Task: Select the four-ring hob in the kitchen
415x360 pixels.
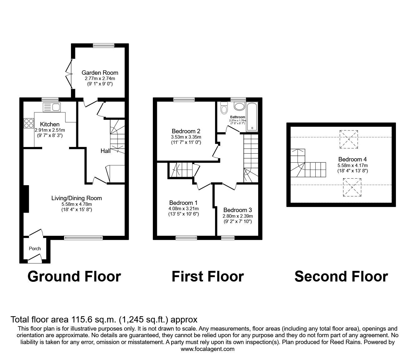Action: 29,123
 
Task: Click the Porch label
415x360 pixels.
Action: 35,249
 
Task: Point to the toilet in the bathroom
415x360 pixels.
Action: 224,108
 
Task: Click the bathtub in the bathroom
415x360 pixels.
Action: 252,116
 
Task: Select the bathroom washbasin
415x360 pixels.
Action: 240,107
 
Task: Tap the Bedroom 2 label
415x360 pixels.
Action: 186,131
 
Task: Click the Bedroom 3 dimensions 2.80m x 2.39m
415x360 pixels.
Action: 237,216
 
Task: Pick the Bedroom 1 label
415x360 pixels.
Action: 183,203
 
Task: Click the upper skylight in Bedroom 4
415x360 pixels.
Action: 348,139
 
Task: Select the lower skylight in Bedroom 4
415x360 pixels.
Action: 352,187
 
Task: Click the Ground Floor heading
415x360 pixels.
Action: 74,276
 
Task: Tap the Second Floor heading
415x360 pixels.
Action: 341,276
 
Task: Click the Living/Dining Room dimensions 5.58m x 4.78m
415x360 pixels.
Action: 77,204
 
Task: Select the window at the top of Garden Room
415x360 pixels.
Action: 104,46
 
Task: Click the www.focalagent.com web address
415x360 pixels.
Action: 207,349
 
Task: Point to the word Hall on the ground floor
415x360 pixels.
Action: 105,151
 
